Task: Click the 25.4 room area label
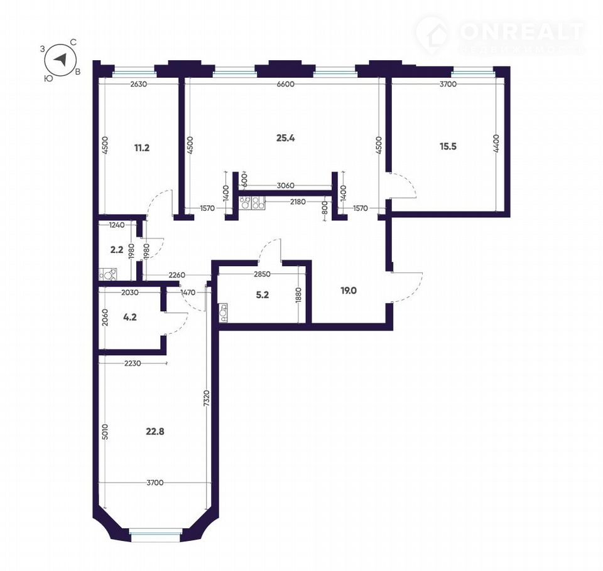285,138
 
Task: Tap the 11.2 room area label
141,147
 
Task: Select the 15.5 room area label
448,146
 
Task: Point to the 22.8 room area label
155,432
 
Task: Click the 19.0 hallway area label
349,291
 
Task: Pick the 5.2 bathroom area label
263,295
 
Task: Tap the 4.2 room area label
130,318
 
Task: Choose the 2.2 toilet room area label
117,250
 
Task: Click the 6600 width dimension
285,84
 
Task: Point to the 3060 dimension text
285,186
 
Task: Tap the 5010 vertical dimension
106,433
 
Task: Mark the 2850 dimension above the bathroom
262,274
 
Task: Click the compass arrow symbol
60,60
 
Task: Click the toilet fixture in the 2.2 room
109,274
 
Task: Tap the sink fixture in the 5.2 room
223,312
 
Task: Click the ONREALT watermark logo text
522,31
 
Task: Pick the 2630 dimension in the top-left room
138,85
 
